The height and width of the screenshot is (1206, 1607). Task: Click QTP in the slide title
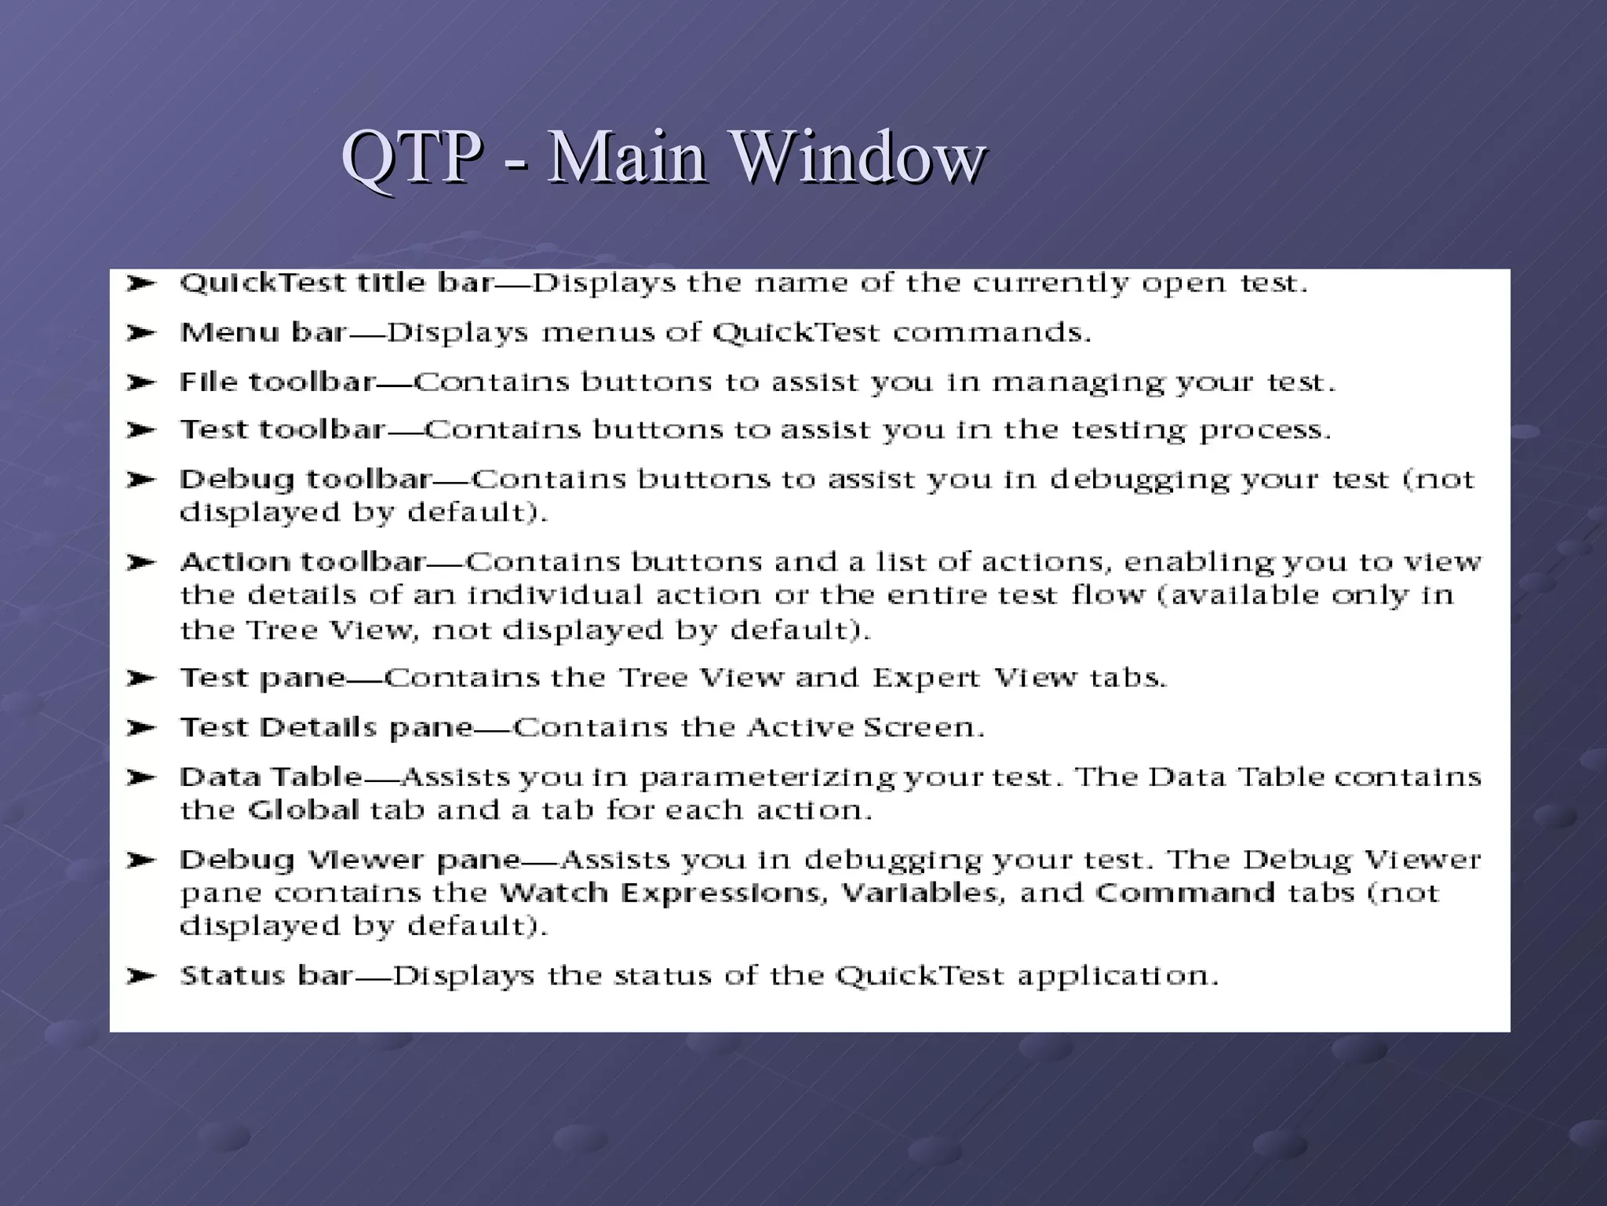[x=411, y=157]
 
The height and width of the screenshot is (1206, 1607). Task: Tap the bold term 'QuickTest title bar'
[x=337, y=283]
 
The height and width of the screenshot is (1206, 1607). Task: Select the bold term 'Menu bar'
[x=263, y=333]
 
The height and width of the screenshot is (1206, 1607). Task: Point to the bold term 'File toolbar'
[x=277, y=382]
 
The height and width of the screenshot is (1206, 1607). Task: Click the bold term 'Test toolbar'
[x=282, y=430]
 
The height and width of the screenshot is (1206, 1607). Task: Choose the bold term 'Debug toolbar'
[x=306, y=479]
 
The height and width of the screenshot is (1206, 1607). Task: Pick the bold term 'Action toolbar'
[x=303, y=562]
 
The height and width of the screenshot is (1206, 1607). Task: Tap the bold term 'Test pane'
[x=263, y=678]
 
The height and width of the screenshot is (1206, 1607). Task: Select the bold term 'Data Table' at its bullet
[x=271, y=777]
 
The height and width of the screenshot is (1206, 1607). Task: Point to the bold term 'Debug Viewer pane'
[x=350, y=861]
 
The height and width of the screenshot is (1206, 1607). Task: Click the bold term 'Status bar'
[x=266, y=976]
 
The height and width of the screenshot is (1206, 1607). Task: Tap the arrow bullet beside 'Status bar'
[x=141, y=976]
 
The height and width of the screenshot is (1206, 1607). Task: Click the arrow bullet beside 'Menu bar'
[x=141, y=333]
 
